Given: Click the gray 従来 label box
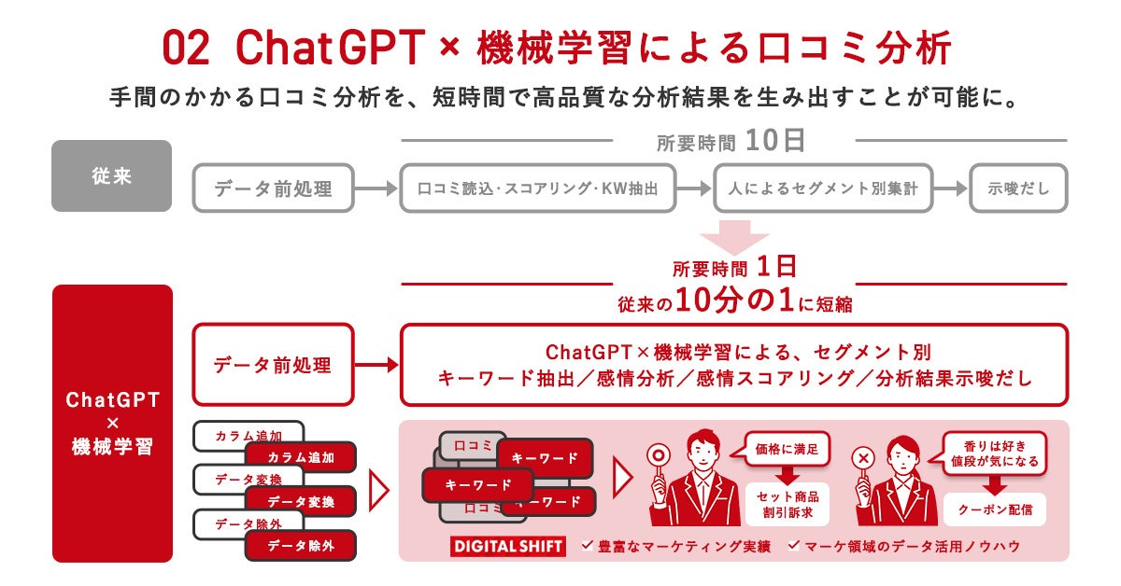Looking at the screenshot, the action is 111,175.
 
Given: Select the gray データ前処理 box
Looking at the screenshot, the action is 274,188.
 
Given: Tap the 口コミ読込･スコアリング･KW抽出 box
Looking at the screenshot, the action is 537,188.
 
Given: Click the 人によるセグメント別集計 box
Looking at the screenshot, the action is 822,188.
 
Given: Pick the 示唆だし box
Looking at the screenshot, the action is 1018,188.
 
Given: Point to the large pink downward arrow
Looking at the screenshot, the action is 734,237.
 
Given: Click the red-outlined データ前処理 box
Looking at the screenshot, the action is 274,364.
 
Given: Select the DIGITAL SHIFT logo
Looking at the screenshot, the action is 508,546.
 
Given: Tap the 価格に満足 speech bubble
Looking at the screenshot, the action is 787,449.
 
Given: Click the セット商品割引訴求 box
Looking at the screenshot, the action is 787,503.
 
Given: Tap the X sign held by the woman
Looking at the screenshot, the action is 864,458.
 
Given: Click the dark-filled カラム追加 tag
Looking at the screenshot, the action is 300,457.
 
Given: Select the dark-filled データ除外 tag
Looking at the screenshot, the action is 300,546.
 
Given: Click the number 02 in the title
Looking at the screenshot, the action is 186,48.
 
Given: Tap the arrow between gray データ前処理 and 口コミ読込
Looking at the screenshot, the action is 376,188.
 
